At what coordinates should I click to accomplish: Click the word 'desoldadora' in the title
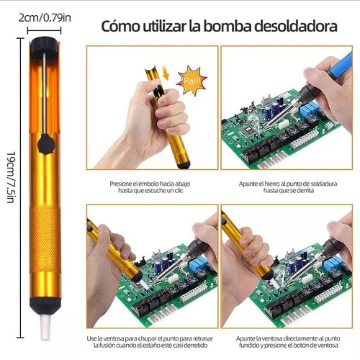point(296,28)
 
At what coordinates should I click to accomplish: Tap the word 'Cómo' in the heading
point(120,28)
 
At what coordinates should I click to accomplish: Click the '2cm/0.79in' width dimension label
point(44,16)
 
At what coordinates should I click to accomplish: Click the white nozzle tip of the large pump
point(41,332)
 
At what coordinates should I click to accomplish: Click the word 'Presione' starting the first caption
point(121,184)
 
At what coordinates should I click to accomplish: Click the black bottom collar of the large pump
point(40,307)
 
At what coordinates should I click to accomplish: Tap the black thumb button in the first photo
point(157,92)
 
